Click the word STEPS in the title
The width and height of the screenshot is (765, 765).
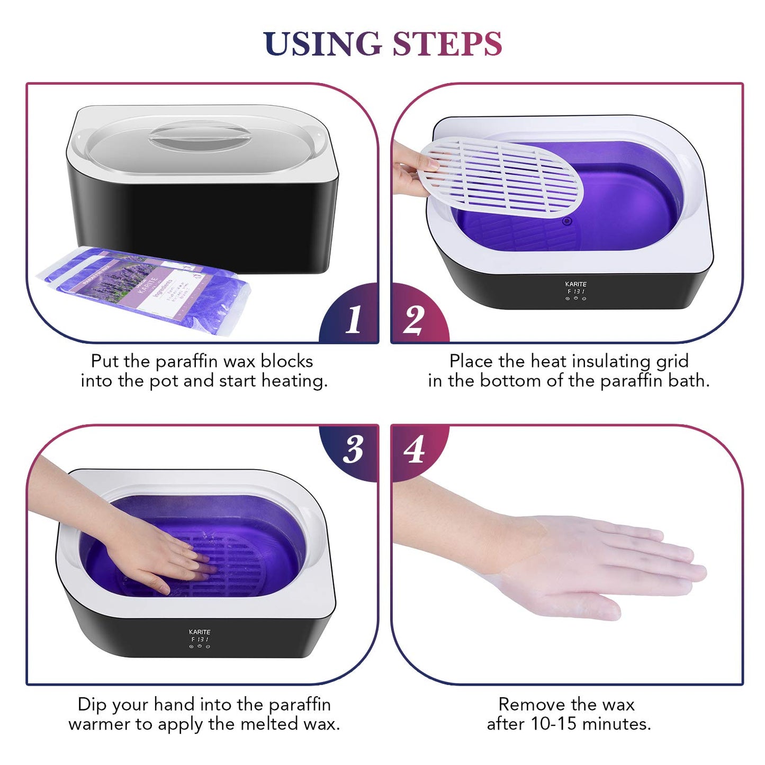(447, 43)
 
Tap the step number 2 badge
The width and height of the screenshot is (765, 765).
(413, 319)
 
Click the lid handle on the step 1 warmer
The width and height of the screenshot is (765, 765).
(200, 135)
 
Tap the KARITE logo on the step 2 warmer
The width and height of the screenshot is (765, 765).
(575, 284)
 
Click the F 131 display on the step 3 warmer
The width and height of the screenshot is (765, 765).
(200, 640)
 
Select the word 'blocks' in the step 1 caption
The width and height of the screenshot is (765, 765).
(286, 361)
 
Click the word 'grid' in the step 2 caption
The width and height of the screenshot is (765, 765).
(672, 361)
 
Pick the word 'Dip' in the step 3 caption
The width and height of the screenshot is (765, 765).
(92, 704)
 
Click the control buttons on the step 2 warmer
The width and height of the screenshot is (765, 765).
(575, 299)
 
